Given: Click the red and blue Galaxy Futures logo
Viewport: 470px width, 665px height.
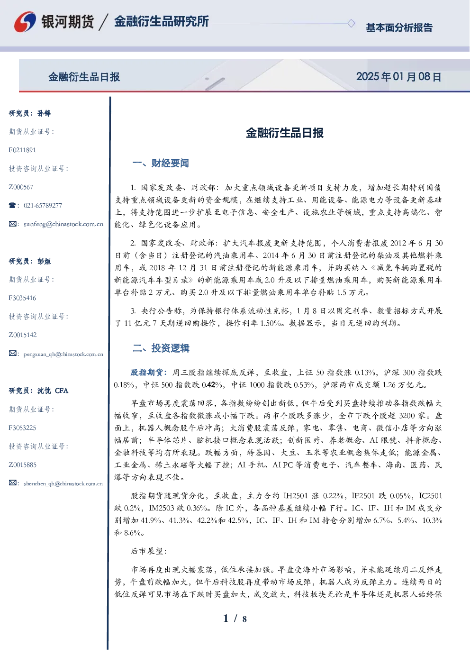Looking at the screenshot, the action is point(25,22).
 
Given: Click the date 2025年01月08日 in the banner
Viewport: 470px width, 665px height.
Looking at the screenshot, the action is point(398,77).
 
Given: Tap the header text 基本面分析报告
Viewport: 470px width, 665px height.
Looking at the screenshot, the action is point(399,27).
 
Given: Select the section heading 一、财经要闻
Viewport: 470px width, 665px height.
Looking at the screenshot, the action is point(161,163).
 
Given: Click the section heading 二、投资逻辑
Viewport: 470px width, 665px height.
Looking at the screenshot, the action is point(161,348).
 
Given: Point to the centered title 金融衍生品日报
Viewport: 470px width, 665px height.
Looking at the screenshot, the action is point(285,133).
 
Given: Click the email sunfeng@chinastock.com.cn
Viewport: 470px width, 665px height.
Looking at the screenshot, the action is point(63,224).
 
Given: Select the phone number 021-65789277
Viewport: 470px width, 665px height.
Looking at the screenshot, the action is point(43,205).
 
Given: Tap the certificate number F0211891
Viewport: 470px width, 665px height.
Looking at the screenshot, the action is point(22,150).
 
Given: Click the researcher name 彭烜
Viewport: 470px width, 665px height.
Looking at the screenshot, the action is point(44,261).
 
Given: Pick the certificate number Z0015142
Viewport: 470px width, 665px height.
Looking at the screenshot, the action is point(23,335).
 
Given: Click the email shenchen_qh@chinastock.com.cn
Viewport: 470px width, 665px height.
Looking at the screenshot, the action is point(63,483).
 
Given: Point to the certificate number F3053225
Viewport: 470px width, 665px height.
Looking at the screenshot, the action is point(22,428).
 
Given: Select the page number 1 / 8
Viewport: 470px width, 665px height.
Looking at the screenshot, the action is point(235,619).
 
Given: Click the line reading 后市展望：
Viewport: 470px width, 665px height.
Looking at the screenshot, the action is point(149,551).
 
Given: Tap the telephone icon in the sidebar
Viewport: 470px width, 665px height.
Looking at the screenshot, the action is point(12,205).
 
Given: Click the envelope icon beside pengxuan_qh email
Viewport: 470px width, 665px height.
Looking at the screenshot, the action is point(12,353).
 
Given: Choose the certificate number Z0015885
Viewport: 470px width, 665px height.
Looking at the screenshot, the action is point(23,465).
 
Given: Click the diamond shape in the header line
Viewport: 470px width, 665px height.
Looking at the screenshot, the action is point(351,23).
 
